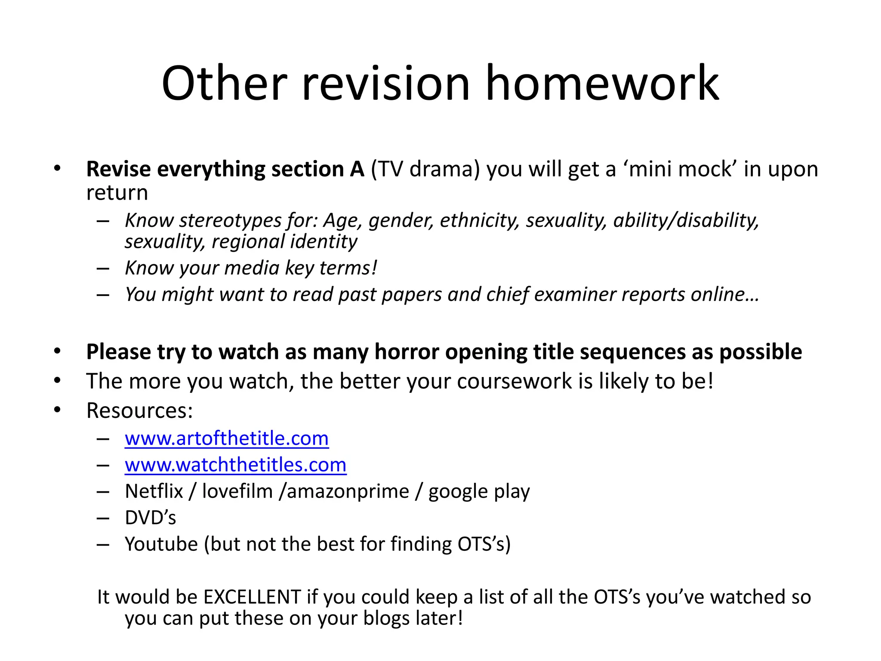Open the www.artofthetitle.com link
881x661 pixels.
[x=227, y=439]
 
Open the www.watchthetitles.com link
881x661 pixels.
[x=236, y=465]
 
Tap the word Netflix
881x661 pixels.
[x=154, y=491]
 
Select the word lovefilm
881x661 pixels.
[x=237, y=491]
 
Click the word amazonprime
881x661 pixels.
[x=348, y=491]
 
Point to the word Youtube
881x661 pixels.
[x=161, y=544]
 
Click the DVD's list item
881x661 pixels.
[x=151, y=518]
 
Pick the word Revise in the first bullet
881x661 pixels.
[x=119, y=169]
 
